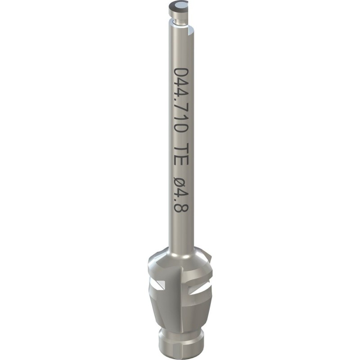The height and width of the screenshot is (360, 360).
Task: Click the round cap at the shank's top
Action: tap(178, 7)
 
